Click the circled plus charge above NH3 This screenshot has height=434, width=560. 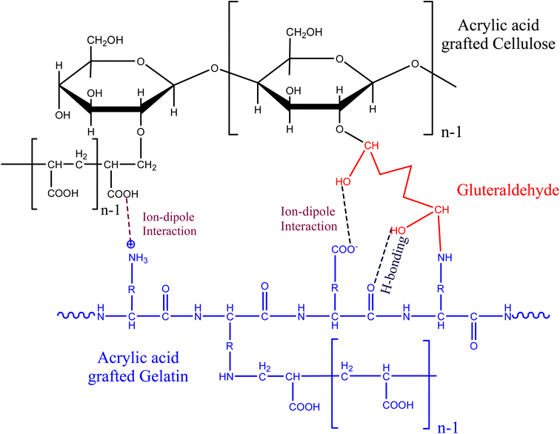click(131, 244)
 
